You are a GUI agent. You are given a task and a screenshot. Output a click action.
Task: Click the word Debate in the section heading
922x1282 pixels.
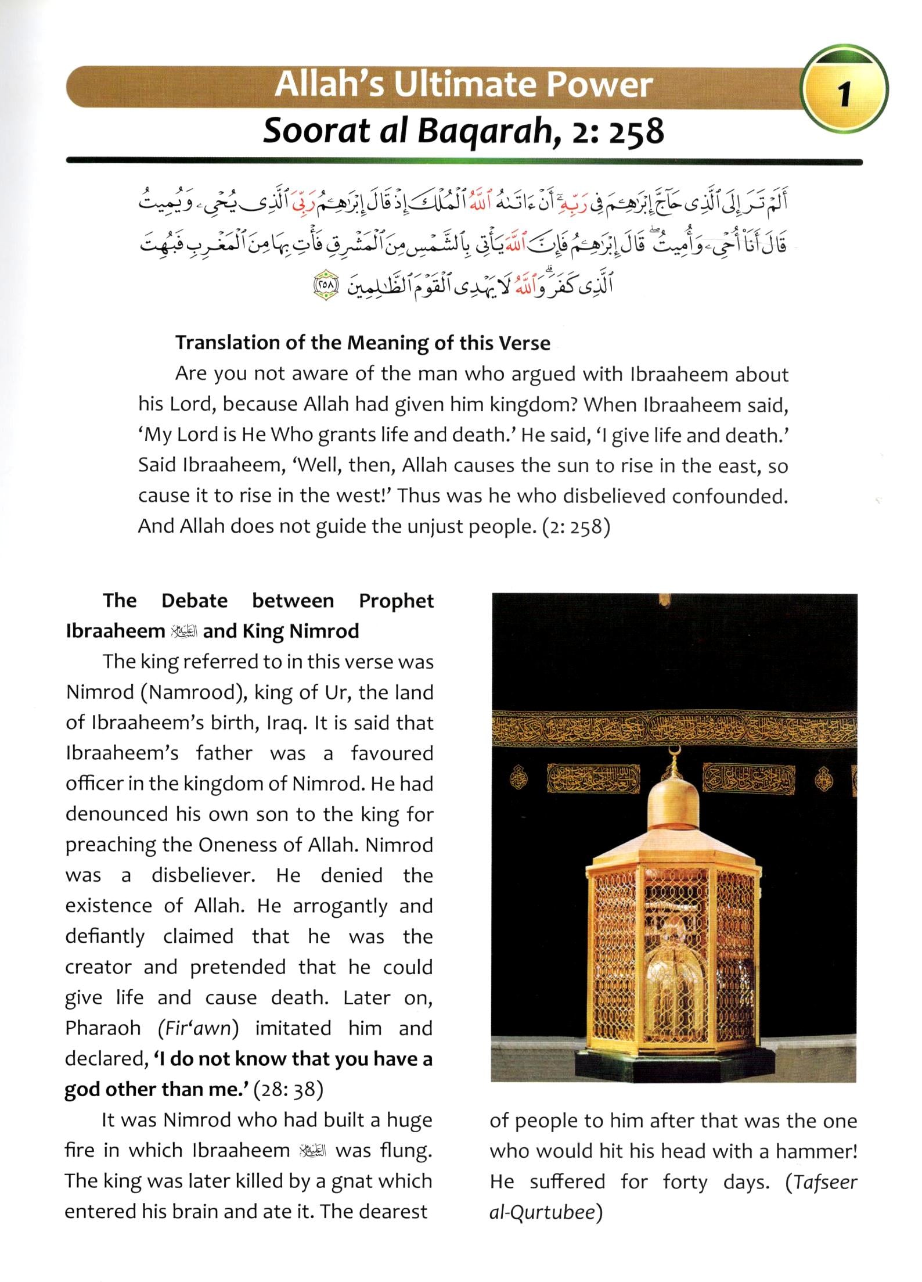pyautogui.click(x=195, y=601)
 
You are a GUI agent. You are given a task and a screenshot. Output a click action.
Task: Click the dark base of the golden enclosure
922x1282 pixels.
pyautogui.click(x=673, y=1068)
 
